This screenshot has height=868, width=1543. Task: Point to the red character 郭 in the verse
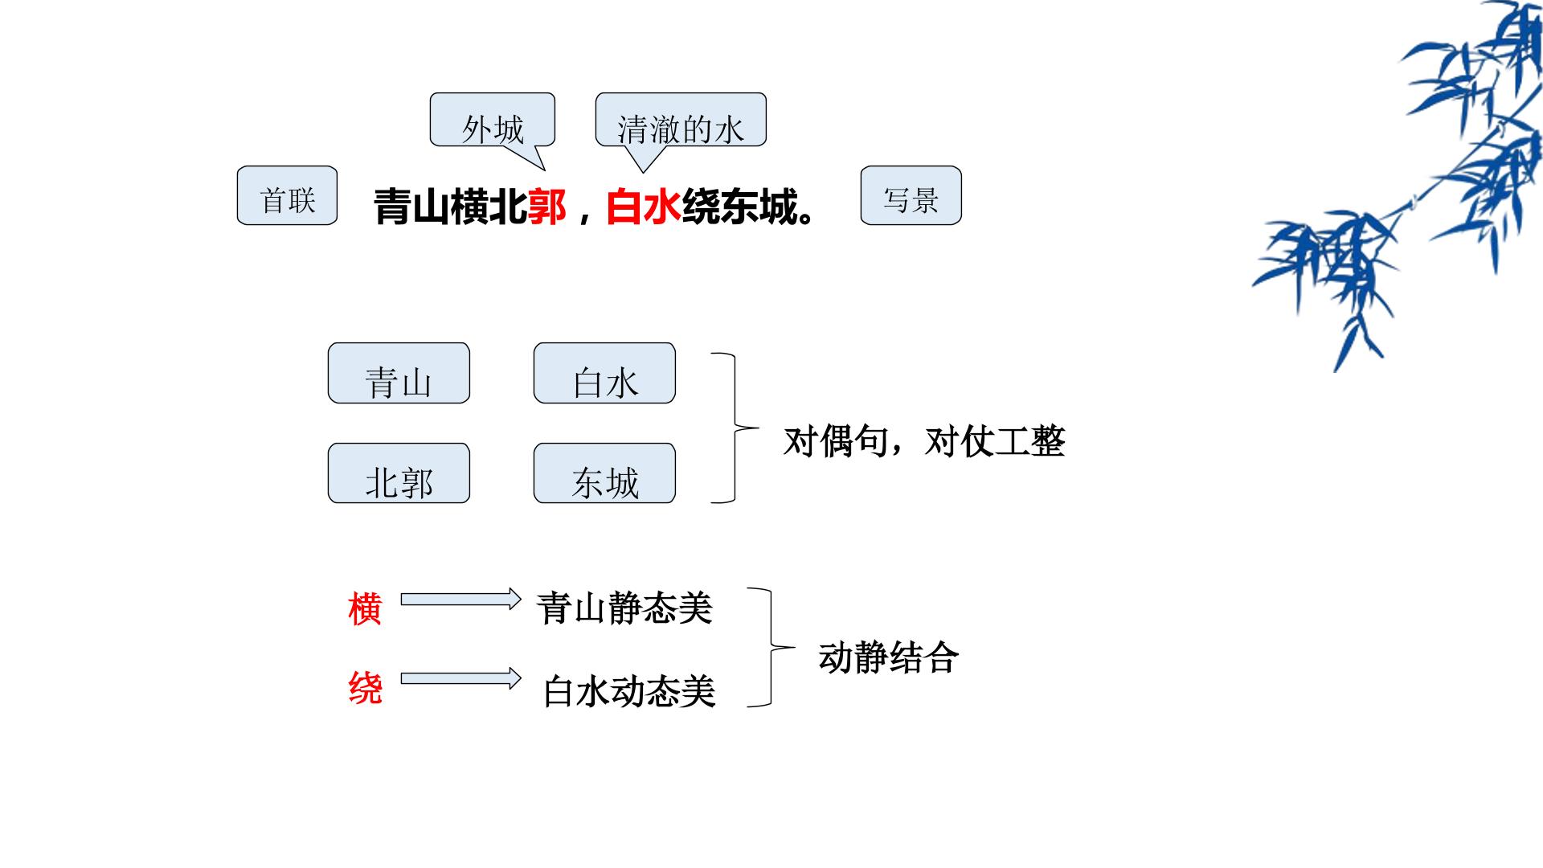pyautogui.click(x=547, y=207)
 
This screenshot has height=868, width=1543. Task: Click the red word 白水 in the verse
pyautogui.click(x=644, y=207)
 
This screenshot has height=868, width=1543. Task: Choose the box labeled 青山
pyautogui.click(x=399, y=373)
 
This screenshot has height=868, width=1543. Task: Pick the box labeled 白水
pyautogui.click(x=604, y=373)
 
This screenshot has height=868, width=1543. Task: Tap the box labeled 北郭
pyautogui.click(x=399, y=473)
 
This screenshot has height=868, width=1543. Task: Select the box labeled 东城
pyautogui.click(x=604, y=473)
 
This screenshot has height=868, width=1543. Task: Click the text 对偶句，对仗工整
pyautogui.click(x=924, y=441)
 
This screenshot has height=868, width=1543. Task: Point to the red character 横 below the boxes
pyautogui.click(x=365, y=608)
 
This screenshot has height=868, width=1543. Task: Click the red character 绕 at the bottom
pyautogui.click(x=365, y=688)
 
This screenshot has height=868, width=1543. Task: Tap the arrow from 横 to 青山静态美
pyautogui.click(x=461, y=599)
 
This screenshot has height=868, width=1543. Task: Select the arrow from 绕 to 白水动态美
pyautogui.click(x=461, y=678)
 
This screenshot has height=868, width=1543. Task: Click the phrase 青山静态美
pyautogui.click(x=624, y=608)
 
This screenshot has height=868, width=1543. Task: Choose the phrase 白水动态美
pyautogui.click(x=629, y=691)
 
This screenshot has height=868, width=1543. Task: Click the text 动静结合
pyautogui.click(x=889, y=657)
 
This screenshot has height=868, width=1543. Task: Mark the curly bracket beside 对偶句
pyautogui.click(x=735, y=428)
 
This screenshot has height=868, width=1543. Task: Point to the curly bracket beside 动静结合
pyautogui.click(x=771, y=647)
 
